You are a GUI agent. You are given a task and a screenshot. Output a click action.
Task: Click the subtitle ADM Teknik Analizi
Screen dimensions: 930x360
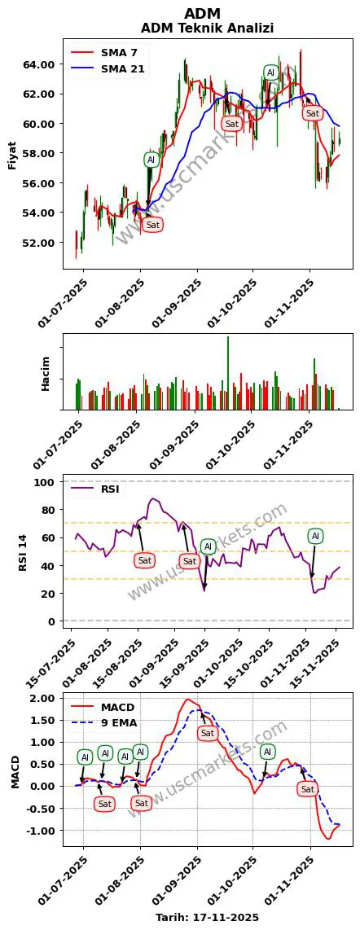tap(207, 28)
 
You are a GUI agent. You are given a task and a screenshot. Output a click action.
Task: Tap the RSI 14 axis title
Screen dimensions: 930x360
tap(25, 551)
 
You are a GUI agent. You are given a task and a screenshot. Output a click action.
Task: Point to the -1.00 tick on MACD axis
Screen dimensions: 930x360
tap(42, 831)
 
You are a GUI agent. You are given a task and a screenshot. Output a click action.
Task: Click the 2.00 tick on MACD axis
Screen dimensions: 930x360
tap(44, 699)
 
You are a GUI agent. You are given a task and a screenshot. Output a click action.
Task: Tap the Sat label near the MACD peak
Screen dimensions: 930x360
tap(208, 734)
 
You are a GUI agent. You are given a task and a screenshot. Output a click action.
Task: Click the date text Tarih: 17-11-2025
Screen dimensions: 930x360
tap(207, 917)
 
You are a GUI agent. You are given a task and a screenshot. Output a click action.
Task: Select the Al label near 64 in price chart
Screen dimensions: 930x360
tap(270, 72)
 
